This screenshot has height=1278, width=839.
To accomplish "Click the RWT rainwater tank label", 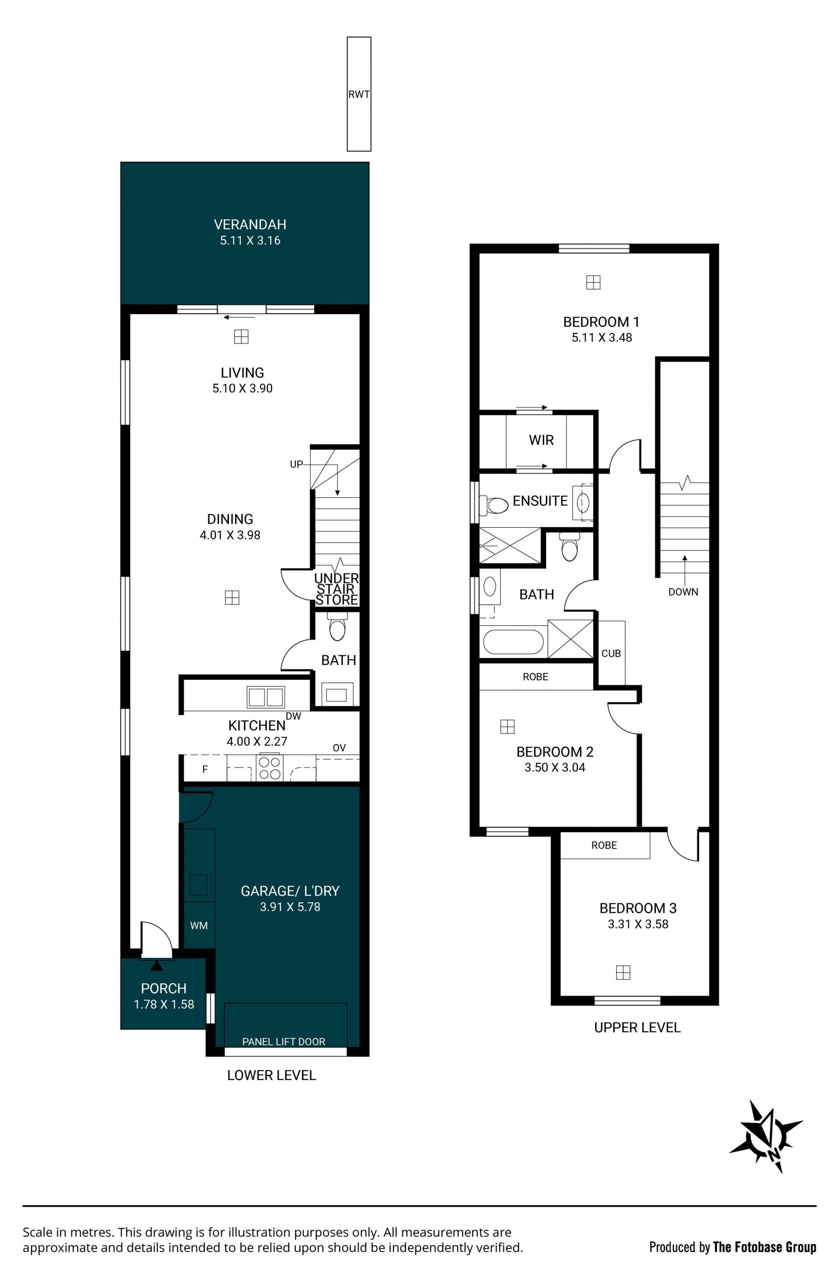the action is click(x=359, y=94).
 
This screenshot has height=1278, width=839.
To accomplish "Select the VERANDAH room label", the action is click(x=250, y=225).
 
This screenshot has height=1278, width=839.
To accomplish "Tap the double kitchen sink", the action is click(x=265, y=697).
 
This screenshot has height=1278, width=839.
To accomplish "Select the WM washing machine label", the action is click(x=199, y=926).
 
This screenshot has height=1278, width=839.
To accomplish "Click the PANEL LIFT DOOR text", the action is click(x=284, y=1042).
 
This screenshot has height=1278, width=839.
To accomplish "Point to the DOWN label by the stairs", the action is click(x=683, y=592).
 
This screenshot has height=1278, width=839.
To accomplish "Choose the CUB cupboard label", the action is click(x=611, y=654).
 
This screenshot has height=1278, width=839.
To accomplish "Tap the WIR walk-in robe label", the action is click(x=541, y=440).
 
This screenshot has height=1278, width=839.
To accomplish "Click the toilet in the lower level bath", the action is click(x=337, y=628).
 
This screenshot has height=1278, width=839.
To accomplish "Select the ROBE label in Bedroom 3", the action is click(x=604, y=845).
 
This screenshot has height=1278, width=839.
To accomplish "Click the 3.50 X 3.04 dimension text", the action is click(x=555, y=767).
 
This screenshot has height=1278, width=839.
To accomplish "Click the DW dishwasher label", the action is click(x=293, y=716).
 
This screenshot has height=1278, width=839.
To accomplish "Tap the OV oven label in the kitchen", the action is click(x=339, y=748).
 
